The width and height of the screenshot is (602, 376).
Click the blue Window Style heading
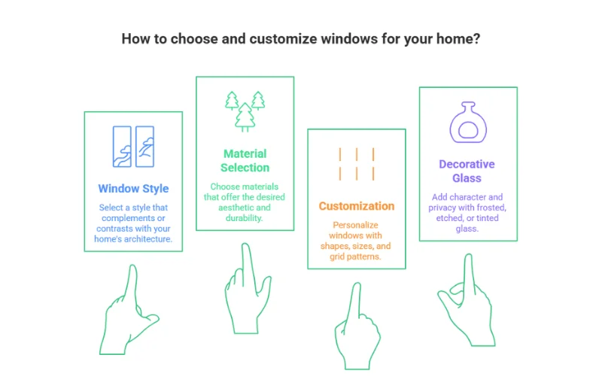click(x=133, y=189)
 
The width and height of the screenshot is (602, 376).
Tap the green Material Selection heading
click(x=245, y=160)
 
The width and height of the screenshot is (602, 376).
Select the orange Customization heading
click(x=356, y=205)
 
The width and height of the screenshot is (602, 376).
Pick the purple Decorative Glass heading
click(x=467, y=171)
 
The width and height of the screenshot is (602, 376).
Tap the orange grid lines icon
click(x=357, y=164)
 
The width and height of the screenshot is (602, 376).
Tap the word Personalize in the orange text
click(x=356, y=226)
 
